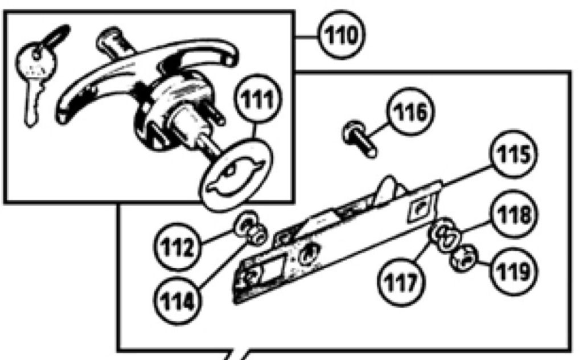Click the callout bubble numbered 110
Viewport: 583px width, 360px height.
coord(342,35)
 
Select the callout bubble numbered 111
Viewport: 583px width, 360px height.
coord(258,98)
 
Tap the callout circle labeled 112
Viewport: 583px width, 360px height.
coord(178,246)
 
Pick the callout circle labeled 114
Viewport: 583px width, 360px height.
coord(178,301)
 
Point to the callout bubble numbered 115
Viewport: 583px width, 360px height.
coord(514,154)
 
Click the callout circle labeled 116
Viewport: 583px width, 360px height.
coord(410,111)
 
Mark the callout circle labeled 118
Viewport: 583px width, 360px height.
coord(514,214)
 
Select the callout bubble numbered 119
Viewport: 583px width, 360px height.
coord(514,271)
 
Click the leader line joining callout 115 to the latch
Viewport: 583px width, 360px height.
coord(466,175)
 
